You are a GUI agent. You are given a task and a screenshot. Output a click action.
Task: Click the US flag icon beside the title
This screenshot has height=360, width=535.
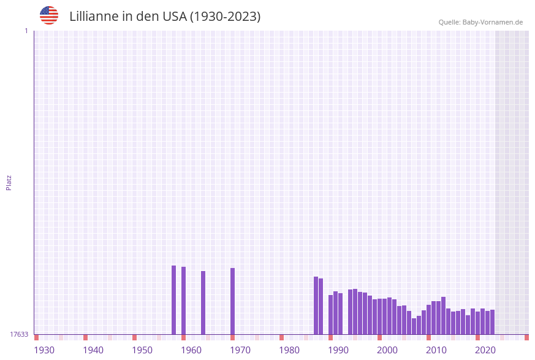pyautogui.click(x=49, y=16)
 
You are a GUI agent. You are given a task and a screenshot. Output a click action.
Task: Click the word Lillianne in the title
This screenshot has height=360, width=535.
pyautogui.click(x=94, y=17)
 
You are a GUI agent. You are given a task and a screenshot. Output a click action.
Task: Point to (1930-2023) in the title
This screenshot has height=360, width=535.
pyautogui.click(x=225, y=17)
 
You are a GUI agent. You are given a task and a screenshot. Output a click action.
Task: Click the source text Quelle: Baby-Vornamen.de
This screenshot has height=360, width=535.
pyautogui.click(x=480, y=22)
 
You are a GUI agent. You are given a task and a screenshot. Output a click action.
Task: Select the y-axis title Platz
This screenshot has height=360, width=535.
pyautogui.click(x=9, y=182)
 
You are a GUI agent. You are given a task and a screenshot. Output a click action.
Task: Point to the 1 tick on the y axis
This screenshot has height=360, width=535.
pyautogui.click(x=26, y=31)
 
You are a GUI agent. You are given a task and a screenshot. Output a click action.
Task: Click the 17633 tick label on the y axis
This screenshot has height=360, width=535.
pyautogui.click(x=20, y=334)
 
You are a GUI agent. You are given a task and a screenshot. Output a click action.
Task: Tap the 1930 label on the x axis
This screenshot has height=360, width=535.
pyautogui.click(x=44, y=350)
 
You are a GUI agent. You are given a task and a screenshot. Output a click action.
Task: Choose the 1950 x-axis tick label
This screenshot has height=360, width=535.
pyautogui.click(x=142, y=350)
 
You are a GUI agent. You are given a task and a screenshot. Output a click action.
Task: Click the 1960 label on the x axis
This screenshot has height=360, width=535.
pyautogui.click(x=191, y=350)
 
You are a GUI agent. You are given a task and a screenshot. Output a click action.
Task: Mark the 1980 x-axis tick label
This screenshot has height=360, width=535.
pyautogui.click(x=289, y=350)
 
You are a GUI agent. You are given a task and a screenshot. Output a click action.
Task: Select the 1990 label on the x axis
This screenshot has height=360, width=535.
pyautogui.click(x=338, y=350)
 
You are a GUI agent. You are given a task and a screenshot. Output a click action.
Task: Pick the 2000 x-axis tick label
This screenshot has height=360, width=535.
pyautogui.click(x=387, y=350)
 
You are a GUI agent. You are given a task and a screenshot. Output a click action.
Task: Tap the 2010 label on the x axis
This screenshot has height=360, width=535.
pyautogui.click(x=436, y=350)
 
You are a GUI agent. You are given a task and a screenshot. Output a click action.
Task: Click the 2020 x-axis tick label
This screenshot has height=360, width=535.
pyautogui.click(x=485, y=350)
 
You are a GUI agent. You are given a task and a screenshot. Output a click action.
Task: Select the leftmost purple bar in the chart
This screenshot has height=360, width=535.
pyautogui.click(x=173, y=300)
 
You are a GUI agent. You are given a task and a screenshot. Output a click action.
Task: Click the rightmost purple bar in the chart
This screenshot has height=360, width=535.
pyautogui.click(x=492, y=322)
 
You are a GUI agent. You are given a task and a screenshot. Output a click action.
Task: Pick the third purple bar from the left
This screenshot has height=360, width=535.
pyautogui.click(x=203, y=303)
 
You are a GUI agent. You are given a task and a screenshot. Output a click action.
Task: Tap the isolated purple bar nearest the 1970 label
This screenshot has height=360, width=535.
pyautogui.click(x=232, y=301)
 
